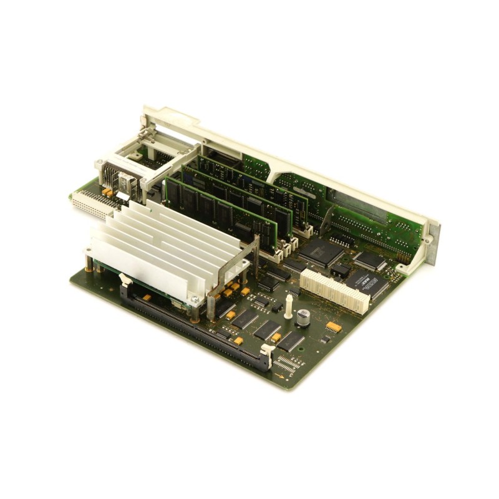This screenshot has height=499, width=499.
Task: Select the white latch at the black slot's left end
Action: tap(124, 289)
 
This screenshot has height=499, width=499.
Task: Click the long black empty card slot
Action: tap(193, 324)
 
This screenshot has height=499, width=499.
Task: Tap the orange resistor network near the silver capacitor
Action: tap(333, 326)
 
